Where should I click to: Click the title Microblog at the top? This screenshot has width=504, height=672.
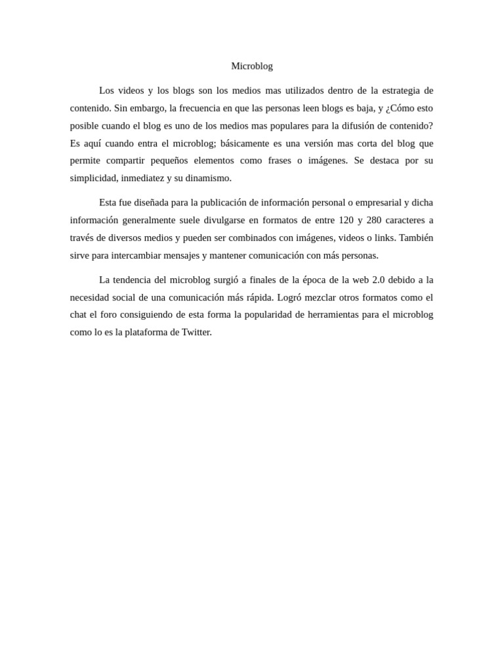252,66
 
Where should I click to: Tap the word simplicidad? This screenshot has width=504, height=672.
93,178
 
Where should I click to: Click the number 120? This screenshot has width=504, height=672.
346,220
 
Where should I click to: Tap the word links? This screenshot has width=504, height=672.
383,238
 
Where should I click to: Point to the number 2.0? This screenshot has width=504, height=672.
379,280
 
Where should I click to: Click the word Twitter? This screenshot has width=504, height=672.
197,332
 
